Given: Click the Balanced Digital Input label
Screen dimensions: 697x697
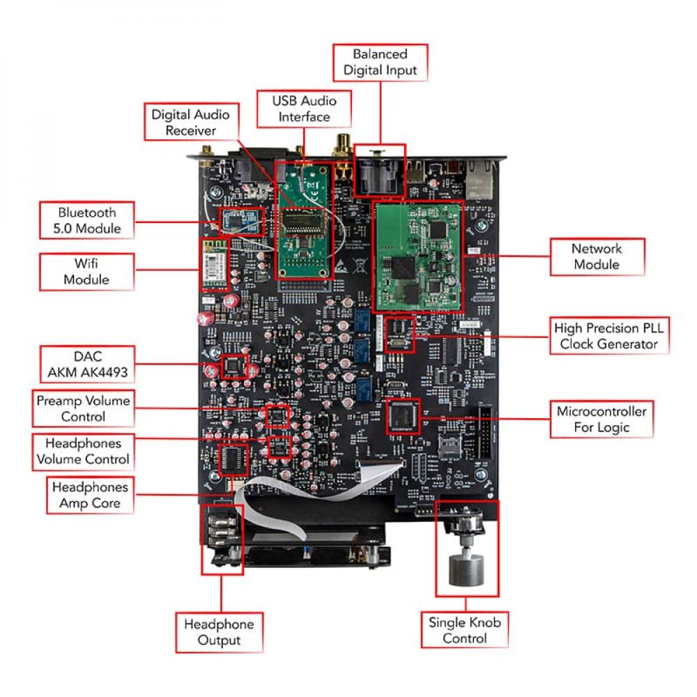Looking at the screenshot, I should (380, 62).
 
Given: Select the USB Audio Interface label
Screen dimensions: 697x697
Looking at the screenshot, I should (304, 109).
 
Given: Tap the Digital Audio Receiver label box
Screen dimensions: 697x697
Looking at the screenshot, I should (190, 122).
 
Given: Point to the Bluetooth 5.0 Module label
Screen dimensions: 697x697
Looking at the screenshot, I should (87, 220).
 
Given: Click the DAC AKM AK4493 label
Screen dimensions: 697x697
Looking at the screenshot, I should (87, 364).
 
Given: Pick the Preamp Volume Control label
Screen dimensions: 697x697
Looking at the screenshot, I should (83, 408).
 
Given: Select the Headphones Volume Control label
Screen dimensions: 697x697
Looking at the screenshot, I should (83, 451).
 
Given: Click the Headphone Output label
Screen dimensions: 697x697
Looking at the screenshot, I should (219, 631).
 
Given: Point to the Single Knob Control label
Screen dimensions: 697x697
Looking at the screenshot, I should (465, 630).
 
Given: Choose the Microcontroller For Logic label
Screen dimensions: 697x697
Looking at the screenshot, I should (601, 419).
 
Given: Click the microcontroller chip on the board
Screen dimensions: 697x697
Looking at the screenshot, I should (404, 416).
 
